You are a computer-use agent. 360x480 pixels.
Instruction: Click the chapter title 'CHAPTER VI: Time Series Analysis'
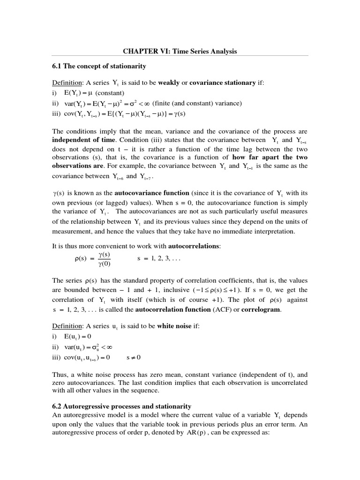pyautogui.click(x=180, y=51)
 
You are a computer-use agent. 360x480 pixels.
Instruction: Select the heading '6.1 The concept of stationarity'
pyautogui.click(x=99, y=66)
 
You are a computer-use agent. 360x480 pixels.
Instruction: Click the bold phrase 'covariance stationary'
pyautogui.click(x=223, y=83)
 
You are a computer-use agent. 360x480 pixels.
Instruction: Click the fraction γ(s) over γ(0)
pyautogui.click(x=104, y=259)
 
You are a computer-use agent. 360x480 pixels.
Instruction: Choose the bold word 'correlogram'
pyautogui.click(x=261, y=309)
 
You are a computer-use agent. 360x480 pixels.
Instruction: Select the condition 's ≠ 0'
pyautogui.click(x=134, y=357)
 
